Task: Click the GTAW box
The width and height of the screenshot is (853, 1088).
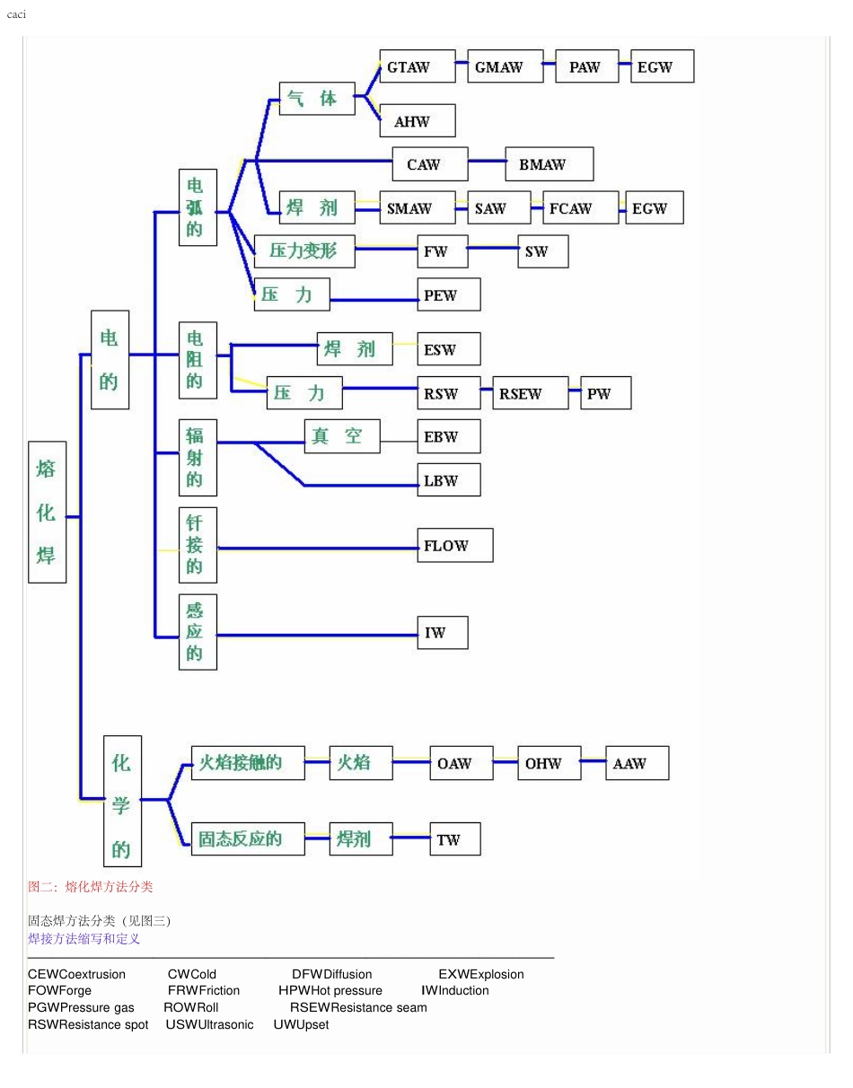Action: click(417, 66)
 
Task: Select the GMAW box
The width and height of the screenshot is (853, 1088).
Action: click(505, 66)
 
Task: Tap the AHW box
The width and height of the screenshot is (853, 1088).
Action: click(417, 121)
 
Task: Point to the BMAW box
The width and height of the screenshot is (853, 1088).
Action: click(549, 164)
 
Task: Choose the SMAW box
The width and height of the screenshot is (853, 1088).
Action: click(417, 208)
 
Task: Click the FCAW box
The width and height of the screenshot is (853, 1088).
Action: click(580, 208)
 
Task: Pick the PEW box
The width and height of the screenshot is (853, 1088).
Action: click(448, 295)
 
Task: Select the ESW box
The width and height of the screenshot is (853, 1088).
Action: click(448, 349)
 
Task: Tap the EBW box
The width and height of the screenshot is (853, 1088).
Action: click(448, 436)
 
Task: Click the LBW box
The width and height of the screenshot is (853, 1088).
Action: click(448, 480)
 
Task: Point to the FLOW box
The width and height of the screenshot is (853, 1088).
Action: click(454, 546)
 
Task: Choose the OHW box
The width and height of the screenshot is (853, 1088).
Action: click(549, 763)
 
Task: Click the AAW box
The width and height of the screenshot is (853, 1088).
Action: click(637, 763)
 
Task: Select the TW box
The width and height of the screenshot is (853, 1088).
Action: click(454, 839)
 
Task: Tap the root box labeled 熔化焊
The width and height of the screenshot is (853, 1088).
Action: click(47, 513)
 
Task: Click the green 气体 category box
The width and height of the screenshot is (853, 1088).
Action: click(316, 99)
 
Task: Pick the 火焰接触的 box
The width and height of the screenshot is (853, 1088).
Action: click(247, 763)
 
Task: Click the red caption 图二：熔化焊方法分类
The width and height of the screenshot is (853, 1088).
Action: click(91, 887)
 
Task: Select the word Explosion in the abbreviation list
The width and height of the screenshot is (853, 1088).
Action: click(497, 974)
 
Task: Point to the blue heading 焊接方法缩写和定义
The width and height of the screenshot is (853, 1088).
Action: click(84, 939)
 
